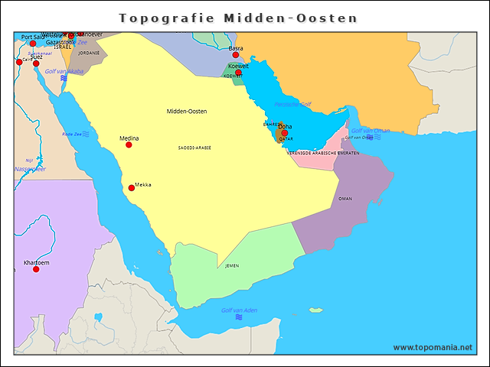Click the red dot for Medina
[x=129, y=145]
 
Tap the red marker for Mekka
[x=132, y=187]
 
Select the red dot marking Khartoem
[x=36, y=269]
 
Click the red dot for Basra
[x=236, y=55]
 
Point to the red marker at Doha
[x=285, y=133]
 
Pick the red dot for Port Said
[x=33, y=44]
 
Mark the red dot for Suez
[x=36, y=63]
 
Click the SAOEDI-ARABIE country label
[x=194, y=148]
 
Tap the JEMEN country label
[x=232, y=266]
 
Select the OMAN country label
[x=345, y=199]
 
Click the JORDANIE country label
[x=89, y=54]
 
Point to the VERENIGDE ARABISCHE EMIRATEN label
[x=323, y=153]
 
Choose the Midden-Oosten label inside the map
[x=187, y=112]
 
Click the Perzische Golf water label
[x=292, y=104]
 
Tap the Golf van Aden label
[x=239, y=310]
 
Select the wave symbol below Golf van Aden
[x=239, y=317]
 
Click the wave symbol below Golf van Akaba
[x=64, y=78]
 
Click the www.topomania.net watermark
[x=433, y=347]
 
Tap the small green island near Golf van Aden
[x=315, y=310]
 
